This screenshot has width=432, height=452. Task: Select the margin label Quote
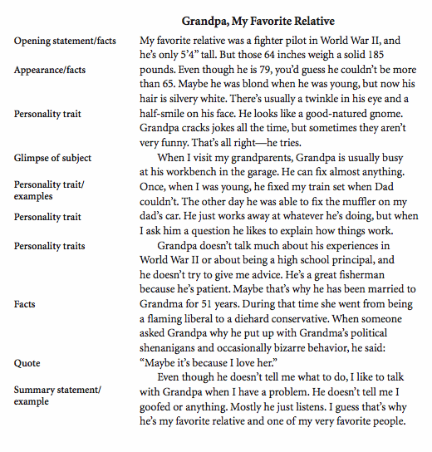coord(28,363)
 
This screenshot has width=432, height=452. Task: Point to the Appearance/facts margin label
coord(52,70)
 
